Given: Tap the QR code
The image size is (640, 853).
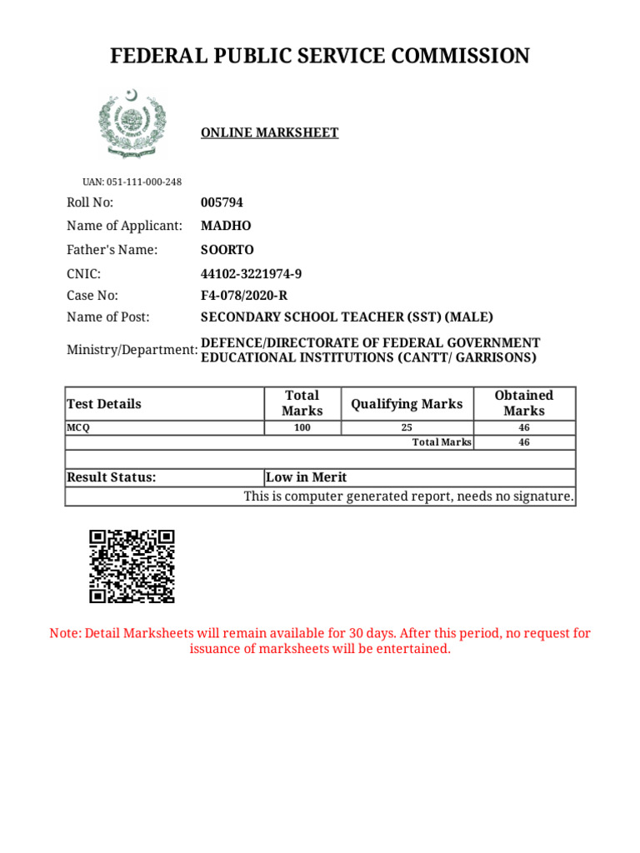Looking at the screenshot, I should pyautogui.click(x=132, y=566).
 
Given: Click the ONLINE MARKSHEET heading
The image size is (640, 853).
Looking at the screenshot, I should pyautogui.click(x=269, y=132).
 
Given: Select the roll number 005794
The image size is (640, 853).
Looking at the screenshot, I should pyautogui.click(x=222, y=202).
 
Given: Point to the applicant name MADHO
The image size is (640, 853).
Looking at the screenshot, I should pyautogui.click(x=226, y=226).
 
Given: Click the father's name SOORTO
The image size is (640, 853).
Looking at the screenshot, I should pyautogui.click(x=227, y=250).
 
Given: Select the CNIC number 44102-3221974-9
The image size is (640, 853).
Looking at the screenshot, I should pyautogui.click(x=252, y=274).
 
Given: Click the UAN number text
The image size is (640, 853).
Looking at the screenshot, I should pyautogui.click(x=132, y=182).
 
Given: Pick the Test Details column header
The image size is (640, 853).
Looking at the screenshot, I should pyautogui.click(x=104, y=404).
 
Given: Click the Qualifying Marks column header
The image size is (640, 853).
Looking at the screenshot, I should pyautogui.click(x=407, y=404).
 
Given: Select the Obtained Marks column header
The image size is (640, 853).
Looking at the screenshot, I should pyautogui.click(x=523, y=403).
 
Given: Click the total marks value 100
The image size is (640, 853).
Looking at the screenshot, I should pyautogui.click(x=302, y=427).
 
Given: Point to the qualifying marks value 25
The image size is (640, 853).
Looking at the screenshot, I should pyautogui.click(x=407, y=427).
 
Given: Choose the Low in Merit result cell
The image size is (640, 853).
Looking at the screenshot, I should pyautogui.click(x=306, y=477).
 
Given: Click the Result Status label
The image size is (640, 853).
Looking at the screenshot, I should pyautogui.click(x=111, y=477).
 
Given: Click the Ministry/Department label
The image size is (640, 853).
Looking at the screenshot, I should pyautogui.click(x=132, y=350).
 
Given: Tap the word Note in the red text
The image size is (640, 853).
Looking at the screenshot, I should pyautogui.click(x=65, y=633).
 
